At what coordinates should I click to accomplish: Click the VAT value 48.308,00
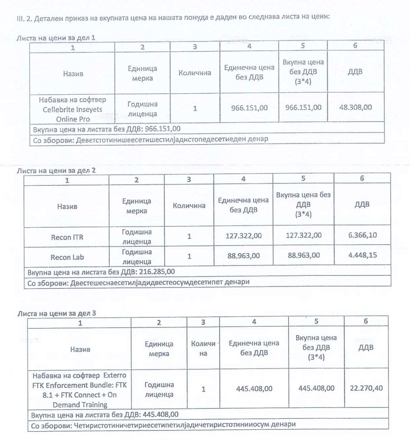pos(355,107)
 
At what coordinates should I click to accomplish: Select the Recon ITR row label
pos(67,236)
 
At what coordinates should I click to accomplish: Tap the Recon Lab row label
pos(67,257)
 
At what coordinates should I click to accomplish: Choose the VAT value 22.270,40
pos(366,388)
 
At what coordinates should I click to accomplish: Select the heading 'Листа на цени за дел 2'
pos(56,170)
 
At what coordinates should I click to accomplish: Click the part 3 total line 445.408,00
pos(105,414)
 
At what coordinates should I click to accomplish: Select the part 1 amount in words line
pos(150,139)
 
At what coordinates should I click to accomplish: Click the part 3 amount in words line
pos(163,424)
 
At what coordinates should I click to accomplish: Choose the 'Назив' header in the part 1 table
pos(72,73)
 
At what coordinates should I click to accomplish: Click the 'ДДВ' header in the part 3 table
pos(366,347)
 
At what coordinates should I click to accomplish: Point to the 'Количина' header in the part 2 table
pos(189,206)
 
